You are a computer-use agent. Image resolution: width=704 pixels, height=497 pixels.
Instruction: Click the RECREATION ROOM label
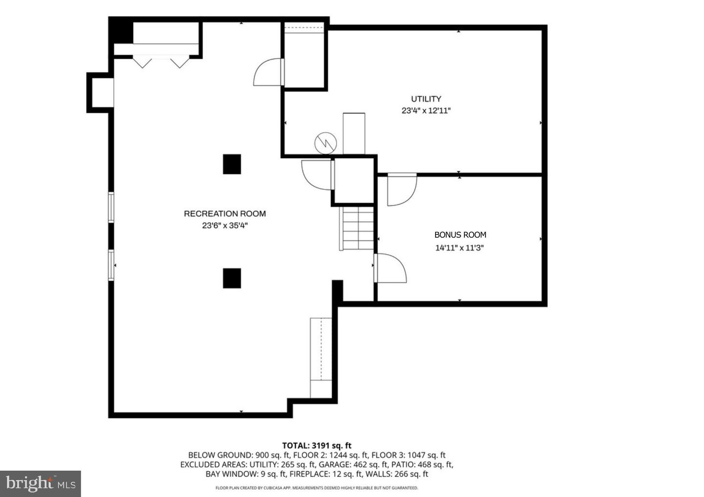click(x=225, y=213)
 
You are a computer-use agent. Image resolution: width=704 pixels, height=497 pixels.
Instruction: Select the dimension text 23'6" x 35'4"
click(x=225, y=226)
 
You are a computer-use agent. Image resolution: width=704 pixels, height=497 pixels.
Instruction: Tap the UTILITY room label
click(x=426, y=99)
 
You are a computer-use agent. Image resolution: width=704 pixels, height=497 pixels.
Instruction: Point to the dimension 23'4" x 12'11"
click(x=426, y=111)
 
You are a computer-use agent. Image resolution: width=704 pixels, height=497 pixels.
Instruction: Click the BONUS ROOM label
click(x=460, y=235)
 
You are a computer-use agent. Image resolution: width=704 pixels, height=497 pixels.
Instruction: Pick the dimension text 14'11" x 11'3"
click(x=460, y=248)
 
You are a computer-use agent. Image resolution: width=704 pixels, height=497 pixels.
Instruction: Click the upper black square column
click(x=232, y=164)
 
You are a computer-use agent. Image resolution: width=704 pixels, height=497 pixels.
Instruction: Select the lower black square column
click(x=232, y=278)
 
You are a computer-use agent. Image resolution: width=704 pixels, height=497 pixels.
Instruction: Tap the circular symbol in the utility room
click(x=326, y=143)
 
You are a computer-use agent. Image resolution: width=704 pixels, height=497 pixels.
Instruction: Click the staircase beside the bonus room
click(x=358, y=228)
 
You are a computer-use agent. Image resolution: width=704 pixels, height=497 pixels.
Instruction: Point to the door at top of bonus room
click(x=401, y=189)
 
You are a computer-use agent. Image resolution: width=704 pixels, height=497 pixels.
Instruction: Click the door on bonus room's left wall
click(x=390, y=269)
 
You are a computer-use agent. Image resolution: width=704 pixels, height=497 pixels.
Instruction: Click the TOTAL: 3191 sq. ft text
click(x=316, y=445)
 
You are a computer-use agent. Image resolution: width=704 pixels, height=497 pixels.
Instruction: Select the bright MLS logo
click(x=40, y=484)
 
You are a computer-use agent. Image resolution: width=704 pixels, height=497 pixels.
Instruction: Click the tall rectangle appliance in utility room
click(x=354, y=133)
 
